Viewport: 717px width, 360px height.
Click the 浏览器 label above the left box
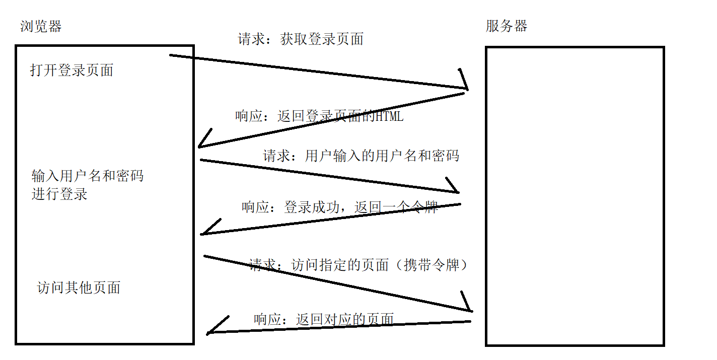[x=41, y=26]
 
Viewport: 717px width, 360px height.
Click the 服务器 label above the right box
[x=506, y=26]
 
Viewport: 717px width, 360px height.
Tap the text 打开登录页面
[x=71, y=70]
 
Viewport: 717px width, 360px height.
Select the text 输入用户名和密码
[x=88, y=176]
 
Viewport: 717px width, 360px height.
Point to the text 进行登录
[x=59, y=194]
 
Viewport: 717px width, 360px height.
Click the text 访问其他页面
[x=79, y=287]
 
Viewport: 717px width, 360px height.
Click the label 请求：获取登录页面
[x=301, y=39]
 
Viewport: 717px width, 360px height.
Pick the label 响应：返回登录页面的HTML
[x=319, y=116]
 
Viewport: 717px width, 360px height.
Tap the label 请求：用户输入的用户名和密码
[x=361, y=156]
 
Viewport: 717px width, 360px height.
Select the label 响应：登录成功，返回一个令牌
[x=339, y=207]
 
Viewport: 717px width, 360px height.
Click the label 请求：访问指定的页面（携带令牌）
[x=358, y=265]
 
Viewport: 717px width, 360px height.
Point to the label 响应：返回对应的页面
[x=323, y=319]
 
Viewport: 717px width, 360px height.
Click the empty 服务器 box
[x=575, y=196]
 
